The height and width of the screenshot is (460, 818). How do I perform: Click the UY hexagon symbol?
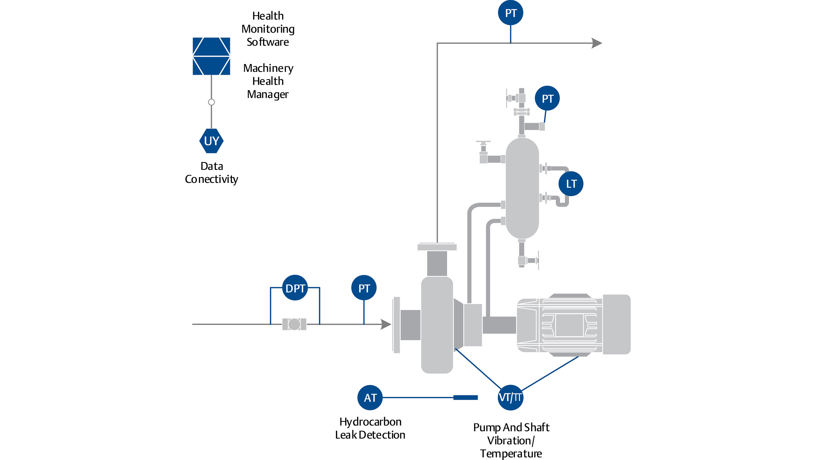[211, 141]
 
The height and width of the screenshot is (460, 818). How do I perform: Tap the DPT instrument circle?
[295, 288]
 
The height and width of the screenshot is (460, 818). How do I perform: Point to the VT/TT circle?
[510, 397]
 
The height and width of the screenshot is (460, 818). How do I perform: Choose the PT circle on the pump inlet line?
[364, 288]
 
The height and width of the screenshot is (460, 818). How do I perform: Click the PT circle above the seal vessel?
[547, 98]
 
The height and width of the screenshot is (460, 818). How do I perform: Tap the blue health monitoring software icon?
[211, 56]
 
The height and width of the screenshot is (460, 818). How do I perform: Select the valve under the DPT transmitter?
[294, 324]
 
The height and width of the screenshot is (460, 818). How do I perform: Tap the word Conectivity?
[211, 179]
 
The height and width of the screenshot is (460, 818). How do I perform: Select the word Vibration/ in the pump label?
[511, 441]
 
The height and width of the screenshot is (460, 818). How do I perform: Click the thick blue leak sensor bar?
[465, 397]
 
